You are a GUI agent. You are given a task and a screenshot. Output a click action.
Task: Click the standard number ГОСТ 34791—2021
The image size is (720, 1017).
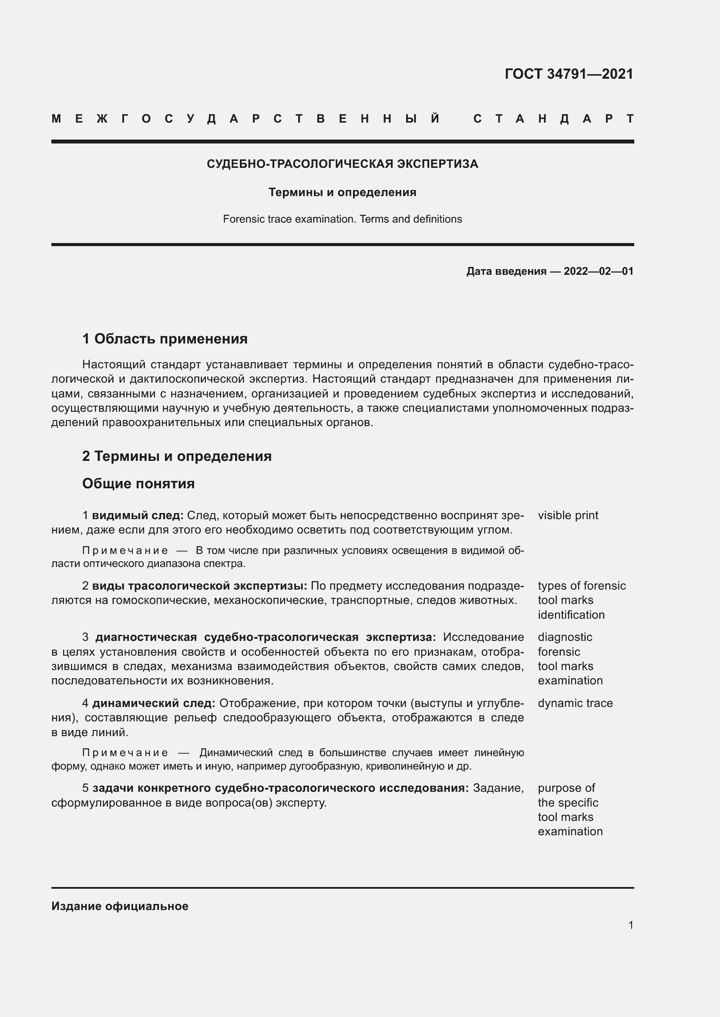(x=569, y=74)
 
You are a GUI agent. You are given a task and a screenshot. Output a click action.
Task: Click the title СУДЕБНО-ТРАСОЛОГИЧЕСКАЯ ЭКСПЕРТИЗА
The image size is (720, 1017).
(x=342, y=164)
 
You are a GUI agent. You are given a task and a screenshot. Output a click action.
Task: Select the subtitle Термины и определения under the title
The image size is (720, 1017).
(x=342, y=193)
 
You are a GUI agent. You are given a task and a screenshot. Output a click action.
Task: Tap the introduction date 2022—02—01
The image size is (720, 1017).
(x=598, y=271)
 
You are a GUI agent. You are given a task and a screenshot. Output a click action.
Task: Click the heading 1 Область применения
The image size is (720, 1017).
(x=165, y=339)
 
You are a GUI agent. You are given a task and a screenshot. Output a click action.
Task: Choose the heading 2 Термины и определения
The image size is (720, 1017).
(x=177, y=456)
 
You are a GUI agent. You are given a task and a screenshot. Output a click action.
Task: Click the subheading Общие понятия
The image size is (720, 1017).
(x=138, y=483)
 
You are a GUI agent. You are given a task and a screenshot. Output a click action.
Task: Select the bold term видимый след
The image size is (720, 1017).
(x=138, y=516)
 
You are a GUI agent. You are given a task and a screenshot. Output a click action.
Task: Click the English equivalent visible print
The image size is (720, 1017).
(x=568, y=516)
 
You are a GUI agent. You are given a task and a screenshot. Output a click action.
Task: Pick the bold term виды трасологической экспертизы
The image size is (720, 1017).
(x=199, y=586)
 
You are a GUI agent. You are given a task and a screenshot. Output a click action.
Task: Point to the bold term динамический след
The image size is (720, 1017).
(x=153, y=704)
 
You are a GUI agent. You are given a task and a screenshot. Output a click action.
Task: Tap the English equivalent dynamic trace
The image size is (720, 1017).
(x=575, y=704)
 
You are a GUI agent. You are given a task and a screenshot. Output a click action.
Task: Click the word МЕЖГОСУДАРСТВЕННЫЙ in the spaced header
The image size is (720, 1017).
(x=246, y=119)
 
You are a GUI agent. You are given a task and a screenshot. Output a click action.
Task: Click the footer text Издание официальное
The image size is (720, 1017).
(x=120, y=906)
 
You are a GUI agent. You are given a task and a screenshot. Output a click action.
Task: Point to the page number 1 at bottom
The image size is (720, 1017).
(x=631, y=925)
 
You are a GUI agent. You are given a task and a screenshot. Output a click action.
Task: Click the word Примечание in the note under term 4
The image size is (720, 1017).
(x=125, y=753)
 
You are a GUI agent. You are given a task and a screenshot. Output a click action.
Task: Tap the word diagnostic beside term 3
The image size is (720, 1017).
(x=565, y=637)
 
